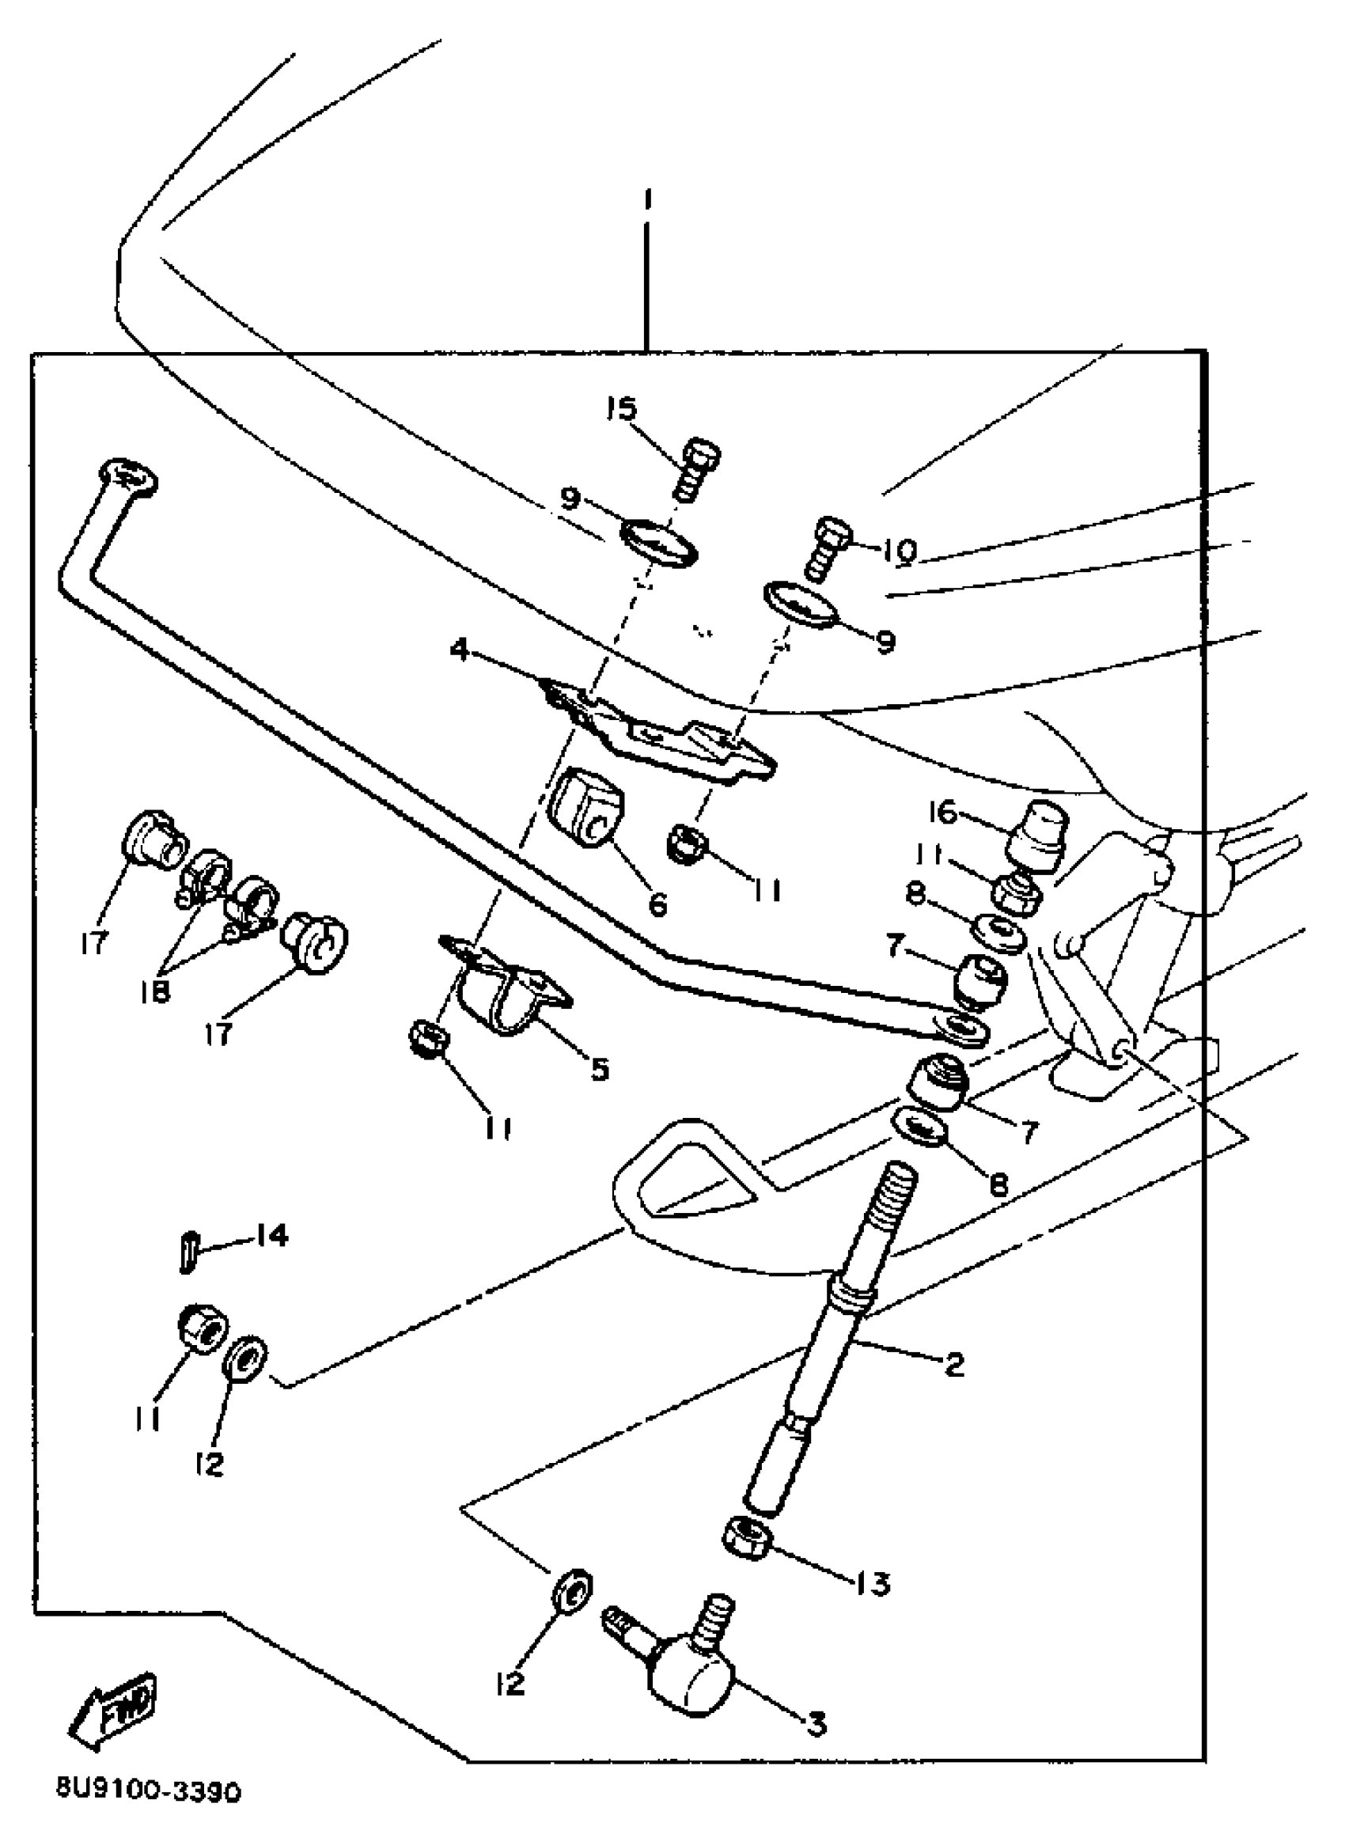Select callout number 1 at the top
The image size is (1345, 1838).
click(647, 199)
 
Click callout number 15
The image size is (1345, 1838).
click(623, 409)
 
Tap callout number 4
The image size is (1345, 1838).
click(460, 650)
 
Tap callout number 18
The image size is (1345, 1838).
click(156, 991)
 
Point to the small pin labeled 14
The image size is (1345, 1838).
click(188, 1252)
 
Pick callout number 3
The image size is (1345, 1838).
click(815, 1723)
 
